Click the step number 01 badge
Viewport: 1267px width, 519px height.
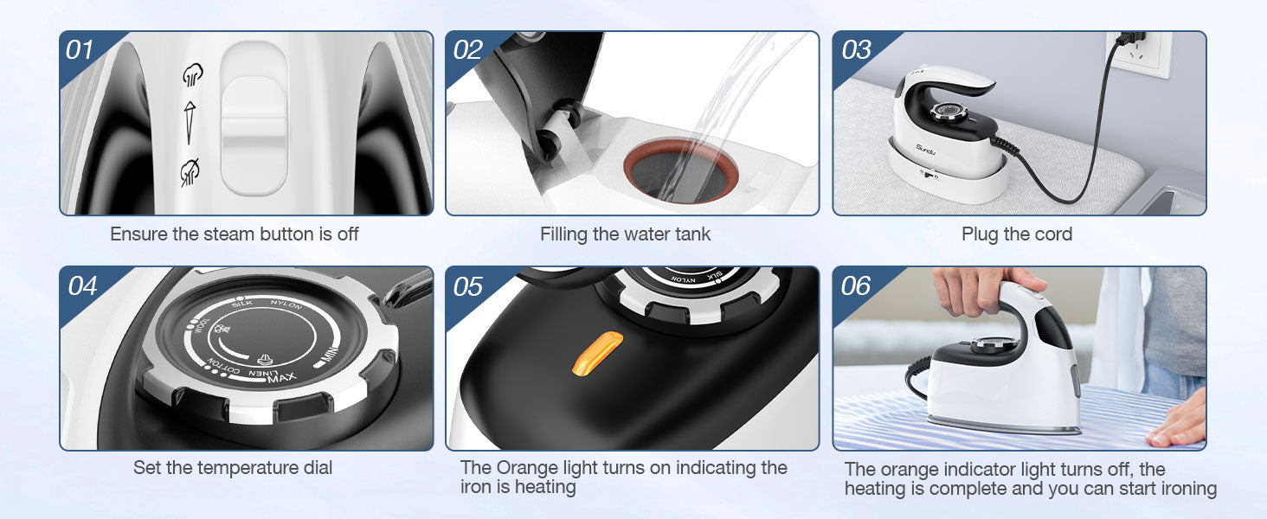80,50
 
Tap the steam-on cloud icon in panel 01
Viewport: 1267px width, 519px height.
192,74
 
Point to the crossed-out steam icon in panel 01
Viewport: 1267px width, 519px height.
190,172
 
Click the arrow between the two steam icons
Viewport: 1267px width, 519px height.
190,123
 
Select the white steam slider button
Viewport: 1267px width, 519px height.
254,119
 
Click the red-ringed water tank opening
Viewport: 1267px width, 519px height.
680,170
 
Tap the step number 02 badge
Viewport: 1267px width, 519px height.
467,50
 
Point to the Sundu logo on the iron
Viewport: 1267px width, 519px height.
925,150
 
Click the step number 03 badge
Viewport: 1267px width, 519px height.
856,50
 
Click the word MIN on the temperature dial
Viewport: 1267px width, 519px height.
330,355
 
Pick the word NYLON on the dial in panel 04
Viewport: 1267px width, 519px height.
286,304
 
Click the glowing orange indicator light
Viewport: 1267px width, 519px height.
597,354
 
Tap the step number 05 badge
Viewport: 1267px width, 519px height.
467,286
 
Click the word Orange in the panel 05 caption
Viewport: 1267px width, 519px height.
527,468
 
